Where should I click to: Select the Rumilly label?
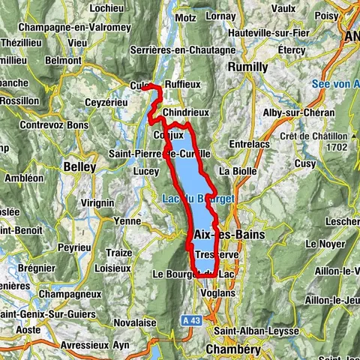(x=247, y=67)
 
